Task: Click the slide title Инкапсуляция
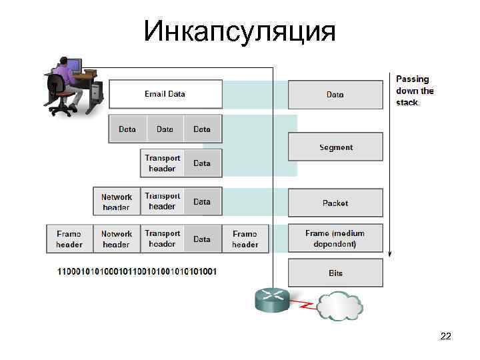[x=239, y=31]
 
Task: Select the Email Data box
[x=165, y=94]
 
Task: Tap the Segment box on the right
[x=335, y=147]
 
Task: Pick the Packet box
[x=335, y=203]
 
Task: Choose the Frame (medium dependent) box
[x=335, y=238]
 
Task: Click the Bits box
[x=335, y=273]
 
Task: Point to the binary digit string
[x=137, y=272]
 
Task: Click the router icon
[x=272, y=299]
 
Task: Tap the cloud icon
[x=338, y=305]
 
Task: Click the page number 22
[x=445, y=337]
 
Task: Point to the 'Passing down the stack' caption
[x=415, y=91]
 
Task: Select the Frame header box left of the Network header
[x=69, y=239]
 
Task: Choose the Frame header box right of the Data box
[x=245, y=239]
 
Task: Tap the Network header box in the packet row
[x=117, y=202]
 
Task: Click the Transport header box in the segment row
[x=162, y=163]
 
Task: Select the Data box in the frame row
[x=202, y=239]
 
